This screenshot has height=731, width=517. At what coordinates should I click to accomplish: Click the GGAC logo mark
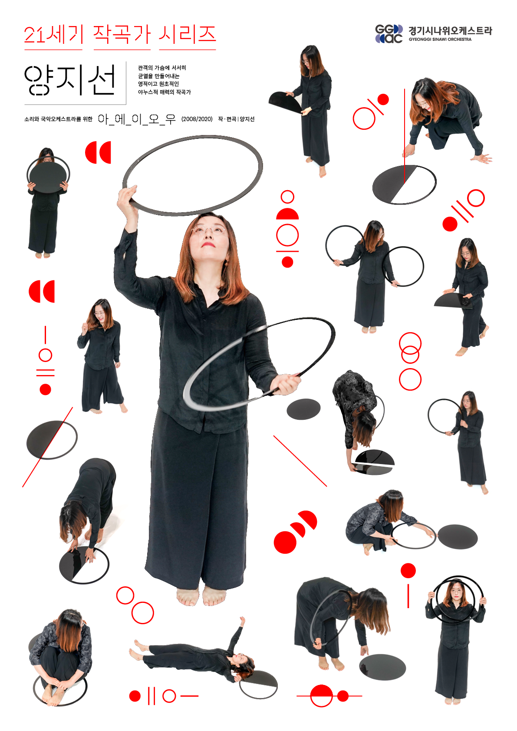[x=389, y=34]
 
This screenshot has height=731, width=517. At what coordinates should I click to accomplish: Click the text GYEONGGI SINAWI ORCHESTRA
[x=440, y=40]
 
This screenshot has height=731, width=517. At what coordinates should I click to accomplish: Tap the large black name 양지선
[x=70, y=80]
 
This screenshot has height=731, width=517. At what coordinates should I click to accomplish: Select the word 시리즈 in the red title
[x=188, y=35]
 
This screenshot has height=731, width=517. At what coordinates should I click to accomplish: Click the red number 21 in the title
[x=34, y=35]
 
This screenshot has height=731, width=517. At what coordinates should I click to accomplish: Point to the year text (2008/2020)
[x=197, y=119]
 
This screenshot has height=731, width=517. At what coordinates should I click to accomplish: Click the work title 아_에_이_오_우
[x=136, y=119]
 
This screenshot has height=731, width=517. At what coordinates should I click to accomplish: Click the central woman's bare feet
[x=201, y=596]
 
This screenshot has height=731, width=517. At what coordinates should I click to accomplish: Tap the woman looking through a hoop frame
[x=456, y=643]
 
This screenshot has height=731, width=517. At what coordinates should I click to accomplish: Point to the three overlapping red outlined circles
[x=410, y=361]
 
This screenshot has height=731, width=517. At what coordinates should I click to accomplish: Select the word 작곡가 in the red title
[x=122, y=35]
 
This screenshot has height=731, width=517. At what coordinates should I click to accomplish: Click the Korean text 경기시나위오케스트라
[x=450, y=31]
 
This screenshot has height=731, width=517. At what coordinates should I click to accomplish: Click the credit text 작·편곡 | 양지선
[x=236, y=119]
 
